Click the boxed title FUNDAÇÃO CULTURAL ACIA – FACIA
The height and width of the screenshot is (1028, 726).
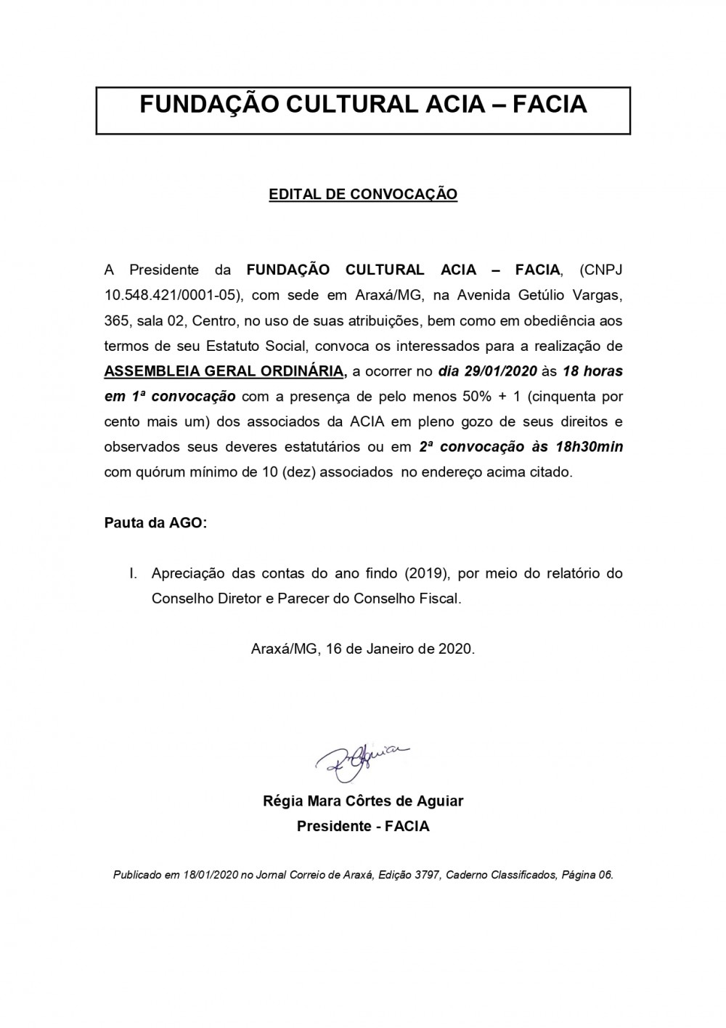click(x=363, y=105)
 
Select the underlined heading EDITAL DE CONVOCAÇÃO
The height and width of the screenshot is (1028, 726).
click(x=363, y=195)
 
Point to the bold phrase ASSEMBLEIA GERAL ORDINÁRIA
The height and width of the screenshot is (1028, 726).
click(x=224, y=371)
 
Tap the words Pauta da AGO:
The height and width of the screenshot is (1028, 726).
click(x=155, y=523)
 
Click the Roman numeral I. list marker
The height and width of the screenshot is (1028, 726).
click(x=134, y=574)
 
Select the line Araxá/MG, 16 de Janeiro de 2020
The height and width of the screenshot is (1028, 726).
click(x=363, y=649)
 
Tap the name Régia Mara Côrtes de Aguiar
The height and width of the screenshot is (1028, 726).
click(x=363, y=801)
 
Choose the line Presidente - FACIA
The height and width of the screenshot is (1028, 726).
click(x=363, y=827)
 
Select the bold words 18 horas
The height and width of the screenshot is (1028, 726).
click(x=592, y=371)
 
